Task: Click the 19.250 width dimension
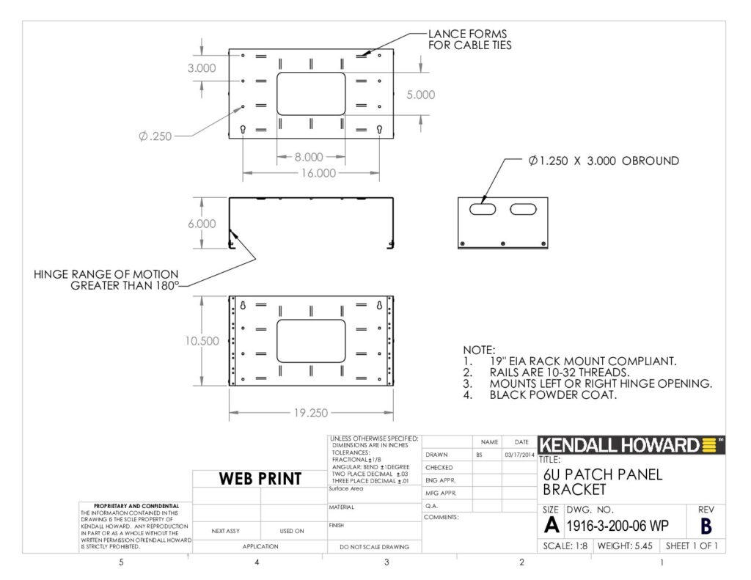tap(311, 413)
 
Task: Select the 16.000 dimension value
tap(318, 173)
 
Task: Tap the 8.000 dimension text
tap(309, 157)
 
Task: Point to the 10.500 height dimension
tap(202, 341)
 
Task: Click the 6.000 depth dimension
tap(202, 224)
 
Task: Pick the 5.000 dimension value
tap(421, 95)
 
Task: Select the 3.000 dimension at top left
tap(202, 68)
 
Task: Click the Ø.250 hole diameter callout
tap(155, 136)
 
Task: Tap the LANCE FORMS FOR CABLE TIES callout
tap(470, 40)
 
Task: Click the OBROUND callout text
tap(604, 161)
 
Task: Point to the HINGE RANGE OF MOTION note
tap(106, 280)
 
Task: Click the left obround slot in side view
tap(483, 209)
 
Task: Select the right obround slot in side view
tap(523, 209)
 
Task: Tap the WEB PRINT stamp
tap(260, 479)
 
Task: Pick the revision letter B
tap(706, 526)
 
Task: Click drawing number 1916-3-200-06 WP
tap(618, 526)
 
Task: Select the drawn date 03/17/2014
tap(520, 455)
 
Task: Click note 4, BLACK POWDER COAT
tap(540, 395)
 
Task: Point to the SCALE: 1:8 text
tap(565, 546)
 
